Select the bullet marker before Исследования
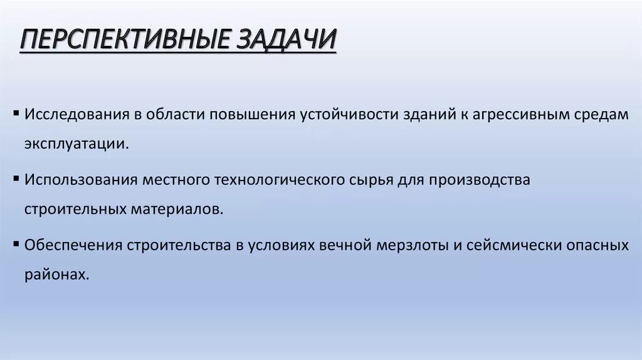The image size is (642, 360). (x=15, y=114)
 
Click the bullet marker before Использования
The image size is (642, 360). (x=15, y=179)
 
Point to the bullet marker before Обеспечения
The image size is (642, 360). (x=15, y=245)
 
